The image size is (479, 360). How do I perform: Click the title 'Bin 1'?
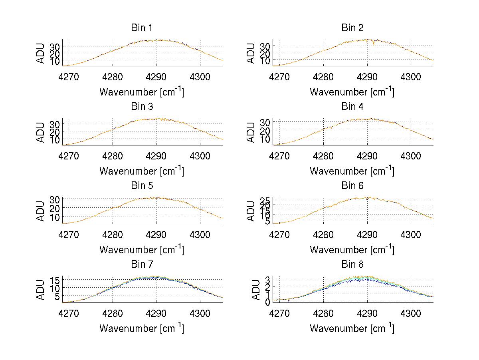pos(142,28)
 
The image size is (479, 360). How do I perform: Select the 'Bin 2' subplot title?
pos(352,28)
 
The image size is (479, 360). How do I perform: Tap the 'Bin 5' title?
pos(142,185)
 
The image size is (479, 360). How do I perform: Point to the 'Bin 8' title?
pos(352,264)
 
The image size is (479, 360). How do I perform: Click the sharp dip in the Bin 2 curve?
pos(374,44)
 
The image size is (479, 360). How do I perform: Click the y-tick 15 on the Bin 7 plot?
pos(55,279)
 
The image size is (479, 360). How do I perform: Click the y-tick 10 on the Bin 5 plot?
pos(55,217)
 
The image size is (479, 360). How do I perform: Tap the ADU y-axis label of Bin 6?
pos(251,211)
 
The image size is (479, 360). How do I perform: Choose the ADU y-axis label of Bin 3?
pos(40,132)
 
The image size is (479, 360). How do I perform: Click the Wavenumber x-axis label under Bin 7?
pos(142,328)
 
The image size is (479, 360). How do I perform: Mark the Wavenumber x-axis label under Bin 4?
pos(352,171)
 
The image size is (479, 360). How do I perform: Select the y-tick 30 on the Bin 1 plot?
pos(55,46)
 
